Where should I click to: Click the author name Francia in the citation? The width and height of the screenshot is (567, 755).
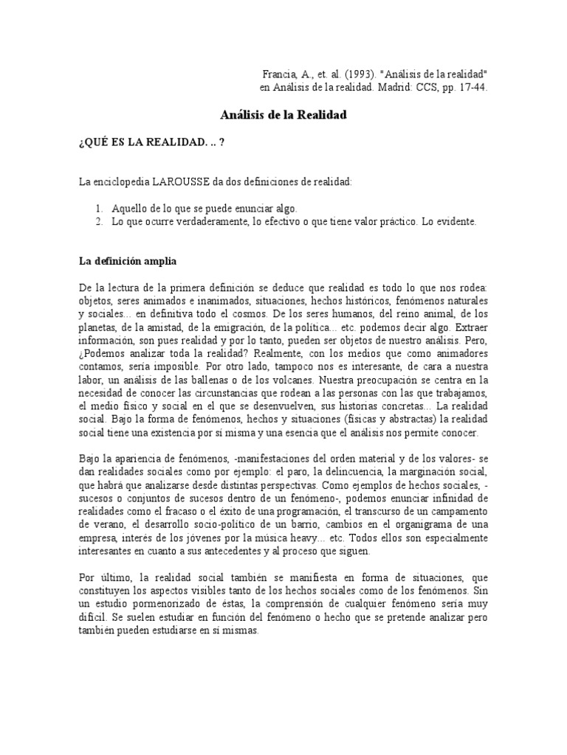pyautogui.click(x=279, y=75)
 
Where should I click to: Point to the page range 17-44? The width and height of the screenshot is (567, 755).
pyautogui.click(x=472, y=88)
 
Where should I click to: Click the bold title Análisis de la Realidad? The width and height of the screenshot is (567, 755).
pyautogui.click(x=283, y=116)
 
